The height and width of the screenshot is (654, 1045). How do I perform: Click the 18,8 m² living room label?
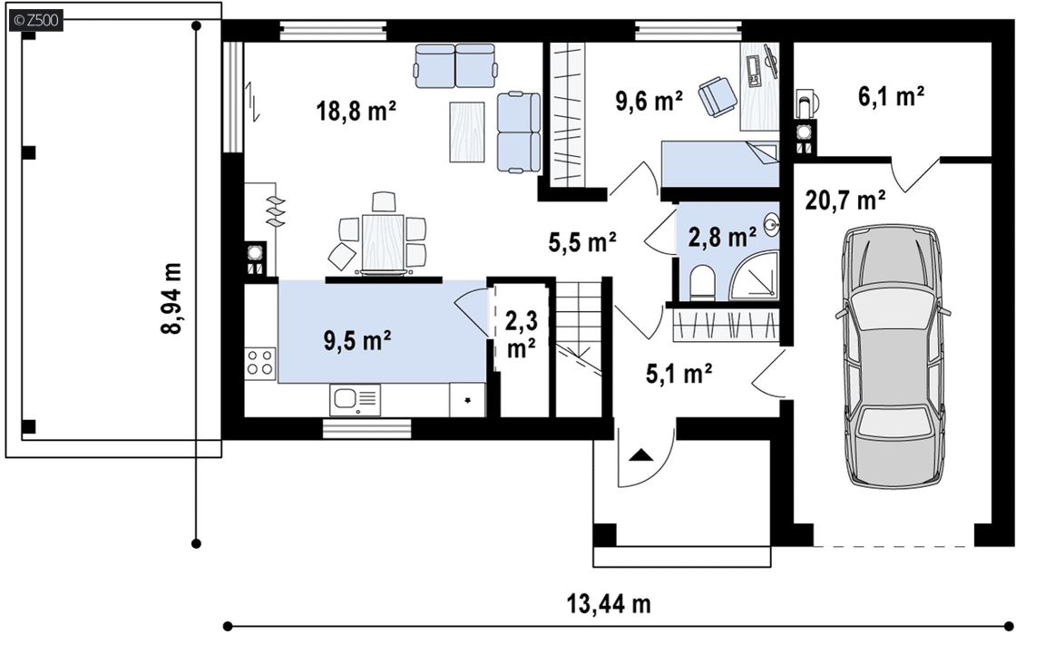[x=356, y=110]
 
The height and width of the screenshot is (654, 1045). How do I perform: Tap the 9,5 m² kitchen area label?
[x=357, y=340]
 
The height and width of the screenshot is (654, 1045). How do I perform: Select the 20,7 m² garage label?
[x=845, y=200]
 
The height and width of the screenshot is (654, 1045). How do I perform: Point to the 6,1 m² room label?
[x=891, y=97]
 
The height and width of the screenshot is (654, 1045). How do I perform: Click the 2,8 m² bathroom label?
[x=722, y=237]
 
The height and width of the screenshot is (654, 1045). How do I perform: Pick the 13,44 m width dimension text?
[x=609, y=604]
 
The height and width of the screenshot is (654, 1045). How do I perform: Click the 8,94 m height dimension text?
[x=171, y=298]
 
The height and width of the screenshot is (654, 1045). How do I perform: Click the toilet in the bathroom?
[x=702, y=283]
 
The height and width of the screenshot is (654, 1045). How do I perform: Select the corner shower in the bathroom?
[x=755, y=275]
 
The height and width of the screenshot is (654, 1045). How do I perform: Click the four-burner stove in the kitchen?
[x=260, y=364]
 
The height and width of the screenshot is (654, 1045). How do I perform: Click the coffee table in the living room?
[x=466, y=132]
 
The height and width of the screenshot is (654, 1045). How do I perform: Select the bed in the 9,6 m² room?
[x=719, y=164]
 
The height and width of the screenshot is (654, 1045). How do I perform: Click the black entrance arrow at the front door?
[x=641, y=456]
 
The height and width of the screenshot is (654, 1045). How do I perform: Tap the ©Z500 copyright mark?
[x=36, y=20]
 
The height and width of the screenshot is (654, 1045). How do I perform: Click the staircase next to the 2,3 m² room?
[x=579, y=347]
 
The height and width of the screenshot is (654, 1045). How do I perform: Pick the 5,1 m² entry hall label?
[x=679, y=374]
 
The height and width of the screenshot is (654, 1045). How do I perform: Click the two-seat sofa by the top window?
[x=456, y=65]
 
